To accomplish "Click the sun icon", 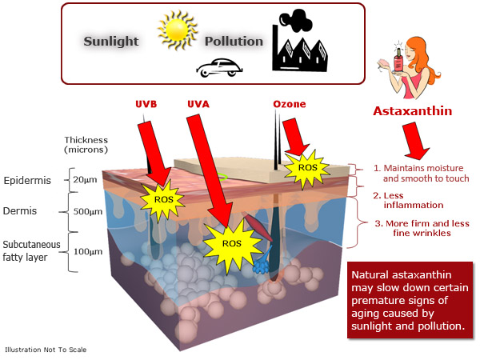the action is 178,30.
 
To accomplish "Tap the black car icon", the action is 219,68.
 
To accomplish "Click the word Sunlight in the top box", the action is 111,42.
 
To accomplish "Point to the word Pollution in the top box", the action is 234,42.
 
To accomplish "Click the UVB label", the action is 146,104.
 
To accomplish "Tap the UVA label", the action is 198,104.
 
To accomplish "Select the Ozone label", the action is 290,104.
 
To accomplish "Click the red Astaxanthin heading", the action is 412,111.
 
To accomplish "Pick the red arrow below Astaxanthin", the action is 414,140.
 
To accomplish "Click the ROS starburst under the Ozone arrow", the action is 307,168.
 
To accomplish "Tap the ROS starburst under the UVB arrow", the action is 163,199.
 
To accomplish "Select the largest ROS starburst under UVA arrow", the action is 232,244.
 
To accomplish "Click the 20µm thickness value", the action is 85,180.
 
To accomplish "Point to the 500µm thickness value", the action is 87,211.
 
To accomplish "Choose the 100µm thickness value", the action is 88,252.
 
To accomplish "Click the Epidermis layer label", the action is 27,181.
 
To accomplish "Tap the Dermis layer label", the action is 20,211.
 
